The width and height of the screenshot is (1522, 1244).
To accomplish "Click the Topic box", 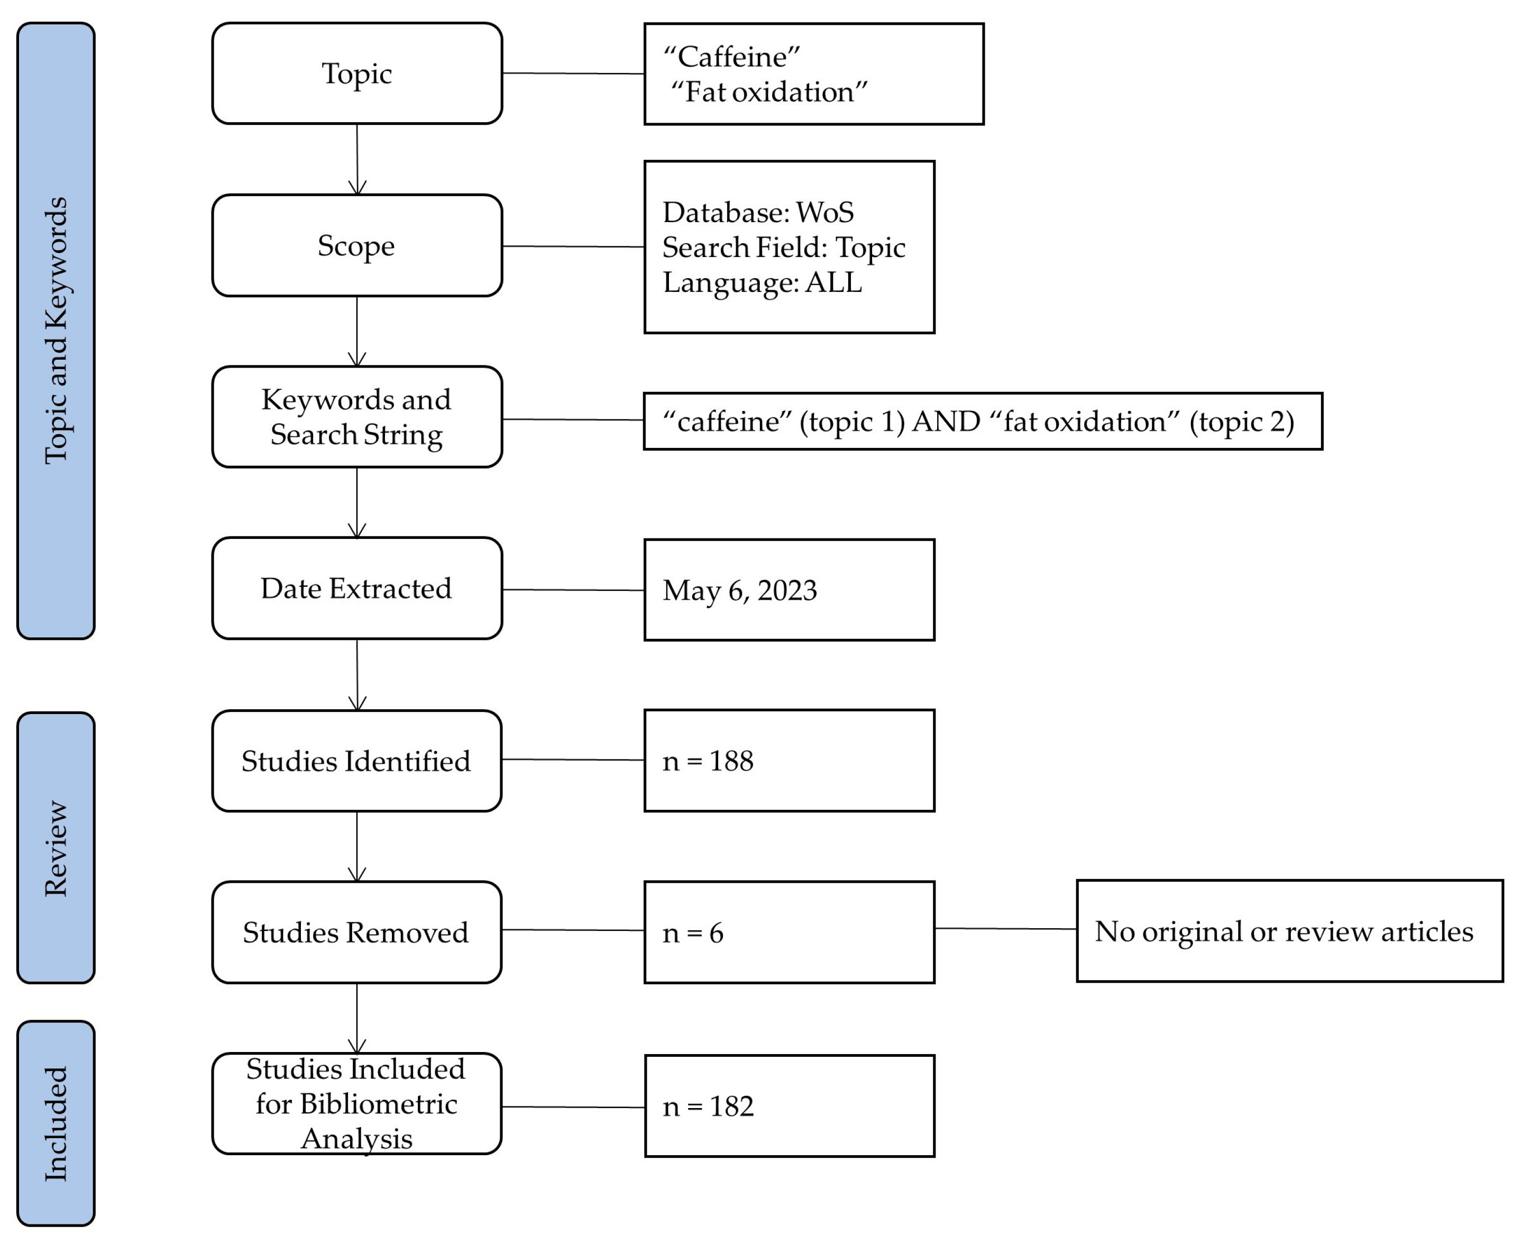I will click(357, 73).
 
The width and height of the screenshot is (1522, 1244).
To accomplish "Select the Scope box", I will click(357, 245).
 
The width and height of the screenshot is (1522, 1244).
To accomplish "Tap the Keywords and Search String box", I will click(357, 417).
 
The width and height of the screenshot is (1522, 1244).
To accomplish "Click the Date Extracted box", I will click(357, 588).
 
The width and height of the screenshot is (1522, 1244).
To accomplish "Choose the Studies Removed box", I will click(357, 932).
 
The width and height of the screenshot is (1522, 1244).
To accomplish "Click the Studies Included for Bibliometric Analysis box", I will click(357, 1103).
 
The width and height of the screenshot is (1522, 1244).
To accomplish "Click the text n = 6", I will click(693, 933).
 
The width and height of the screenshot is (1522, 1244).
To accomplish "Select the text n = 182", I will click(708, 1106).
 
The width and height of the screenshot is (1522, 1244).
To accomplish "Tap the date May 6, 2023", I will click(739, 590).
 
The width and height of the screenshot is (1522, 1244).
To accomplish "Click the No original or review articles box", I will click(1289, 931).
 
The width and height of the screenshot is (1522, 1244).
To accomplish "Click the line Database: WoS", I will click(758, 212).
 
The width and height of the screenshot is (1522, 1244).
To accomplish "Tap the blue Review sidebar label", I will click(56, 848).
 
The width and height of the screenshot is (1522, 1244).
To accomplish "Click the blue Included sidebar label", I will click(56, 1123).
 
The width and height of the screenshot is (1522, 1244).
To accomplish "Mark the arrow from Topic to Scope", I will click(357, 159).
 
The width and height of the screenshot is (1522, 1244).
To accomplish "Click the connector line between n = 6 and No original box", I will click(1005, 929).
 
